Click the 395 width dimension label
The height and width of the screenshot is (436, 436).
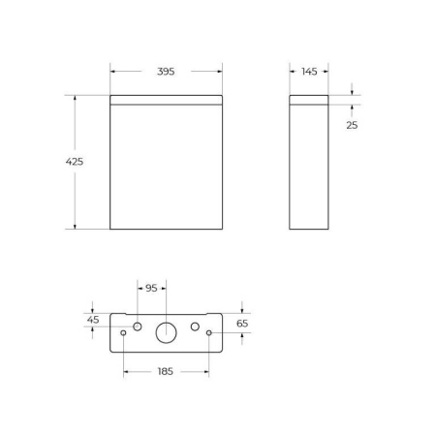(x=166, y=71)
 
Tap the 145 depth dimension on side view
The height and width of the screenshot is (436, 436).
(x=309, y=71)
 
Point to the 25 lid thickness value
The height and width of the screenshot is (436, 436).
(x=352, y=125)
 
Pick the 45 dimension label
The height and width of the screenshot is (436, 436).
(x=93, y=320)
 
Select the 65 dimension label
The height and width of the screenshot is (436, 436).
(x=242, y=324)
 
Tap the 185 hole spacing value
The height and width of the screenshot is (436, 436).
(x=166, y=371)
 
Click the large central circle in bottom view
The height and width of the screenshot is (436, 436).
(x=167, y=332)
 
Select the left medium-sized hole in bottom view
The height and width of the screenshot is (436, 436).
(x=138, y=326)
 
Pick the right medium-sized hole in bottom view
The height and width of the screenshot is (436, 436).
(x=195, y=326)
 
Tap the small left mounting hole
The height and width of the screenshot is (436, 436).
(x=124, y=334)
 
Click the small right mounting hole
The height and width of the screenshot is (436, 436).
(x=209, y=334)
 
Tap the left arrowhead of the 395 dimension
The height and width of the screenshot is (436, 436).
(x=113, y=71)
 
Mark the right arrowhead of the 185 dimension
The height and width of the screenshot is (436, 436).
(x=206, y=371)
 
